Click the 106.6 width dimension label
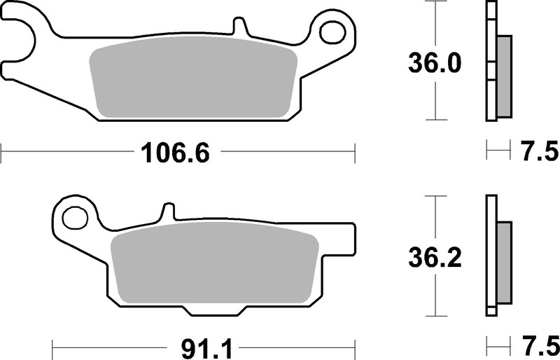176,151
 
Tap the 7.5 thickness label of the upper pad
539,151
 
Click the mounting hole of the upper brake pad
333,31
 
